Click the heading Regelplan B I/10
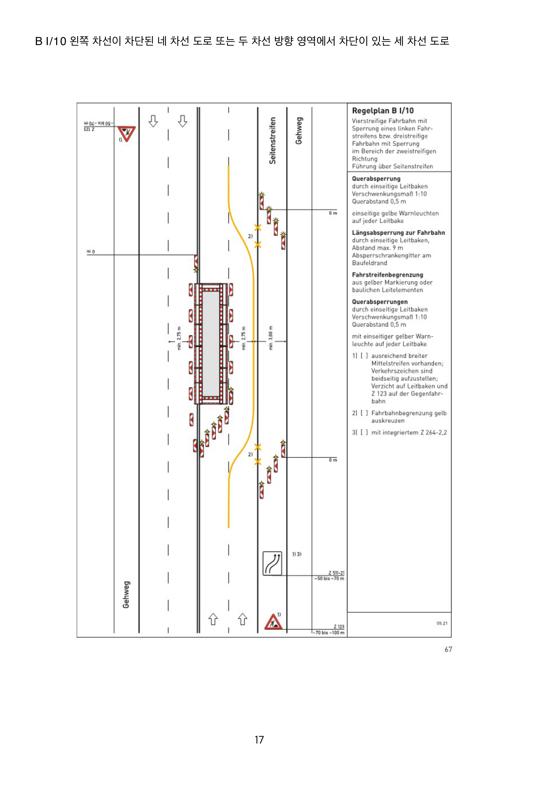(x=383, y=111)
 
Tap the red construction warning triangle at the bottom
(x=273, y=622)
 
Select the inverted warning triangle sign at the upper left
(x=127, y=134)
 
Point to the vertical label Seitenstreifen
(x=272, y=141)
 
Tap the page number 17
(x=259, y=740)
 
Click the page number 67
(x=448, y=649)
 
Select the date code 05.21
(x=442, y=623)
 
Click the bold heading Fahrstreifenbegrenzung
(x=387, y=275)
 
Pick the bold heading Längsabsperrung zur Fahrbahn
(x=398, y=233)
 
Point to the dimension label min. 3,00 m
(x=271, y=338)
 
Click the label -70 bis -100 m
(x=329, y=633)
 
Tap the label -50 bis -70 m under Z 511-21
(x=329, y=579)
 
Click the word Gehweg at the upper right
(x=299, y=131)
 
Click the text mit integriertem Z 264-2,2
(x=409, y=433)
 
